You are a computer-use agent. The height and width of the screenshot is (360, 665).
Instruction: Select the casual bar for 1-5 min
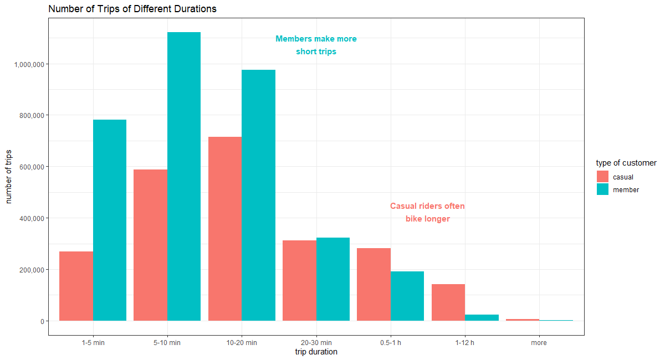pyautogui.click(x=76, y=286)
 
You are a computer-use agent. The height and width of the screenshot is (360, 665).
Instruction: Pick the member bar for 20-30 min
pyautogui.click(x=333, y=279)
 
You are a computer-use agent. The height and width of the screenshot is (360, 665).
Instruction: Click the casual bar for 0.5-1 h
pyautogui.click(x=374, y=284)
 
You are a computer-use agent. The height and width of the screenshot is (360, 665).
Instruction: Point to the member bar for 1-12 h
pyautogui.click(x=482, y=317)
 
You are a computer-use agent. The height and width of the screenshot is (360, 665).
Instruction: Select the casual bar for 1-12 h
pyautogui.click(x=448, y=302)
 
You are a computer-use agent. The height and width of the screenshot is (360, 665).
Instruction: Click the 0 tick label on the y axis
pyautogui.click(x=42, y=321)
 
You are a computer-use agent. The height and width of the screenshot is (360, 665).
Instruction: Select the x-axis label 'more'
pyautogui.click(x=539, y=343)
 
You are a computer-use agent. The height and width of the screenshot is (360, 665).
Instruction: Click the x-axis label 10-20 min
pyautogui.click(x=242, y=343)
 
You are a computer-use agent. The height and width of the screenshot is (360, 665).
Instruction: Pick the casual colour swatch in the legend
pyautogui.click(x=602, y=177)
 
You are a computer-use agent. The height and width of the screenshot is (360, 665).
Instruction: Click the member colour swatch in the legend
pyautogui.click(x=602, y=189)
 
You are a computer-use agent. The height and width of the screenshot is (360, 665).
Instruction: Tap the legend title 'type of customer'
pyautogui.click(x=626, y=163)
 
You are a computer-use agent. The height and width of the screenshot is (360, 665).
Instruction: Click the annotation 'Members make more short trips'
pyautogui.click(x=316, y=45)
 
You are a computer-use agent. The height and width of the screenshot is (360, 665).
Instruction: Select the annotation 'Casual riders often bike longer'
pyautogui.click(x=427, y=213)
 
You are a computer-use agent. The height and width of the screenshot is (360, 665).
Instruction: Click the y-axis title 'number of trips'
pyautogui.click(x=9, y=176)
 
